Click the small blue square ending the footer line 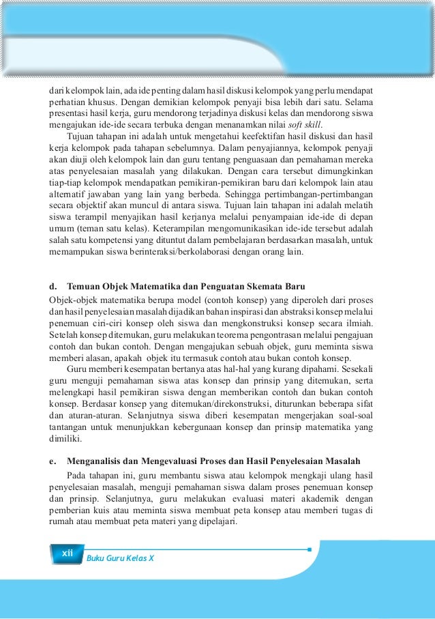[x=309, y=549]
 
